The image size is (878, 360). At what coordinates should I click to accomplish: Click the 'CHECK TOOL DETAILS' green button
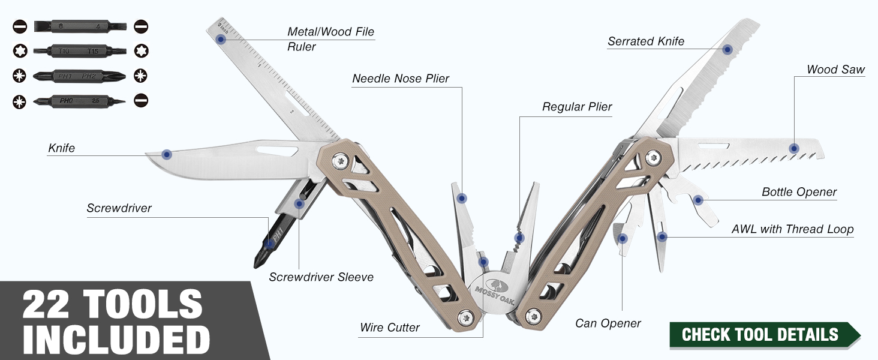click(x=764, y=335)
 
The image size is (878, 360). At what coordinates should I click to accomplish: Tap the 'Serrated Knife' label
click(x=646, y=41)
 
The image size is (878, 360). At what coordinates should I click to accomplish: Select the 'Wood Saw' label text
click(x=835, y=70)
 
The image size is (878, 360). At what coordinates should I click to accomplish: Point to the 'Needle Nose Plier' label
click(x=401, y=79)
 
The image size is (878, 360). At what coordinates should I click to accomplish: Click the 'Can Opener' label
click(x=608, y=323)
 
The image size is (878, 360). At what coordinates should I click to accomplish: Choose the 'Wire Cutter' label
click(x=390, y=327)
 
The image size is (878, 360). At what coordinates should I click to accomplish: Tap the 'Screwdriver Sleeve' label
click(x=321, y=277)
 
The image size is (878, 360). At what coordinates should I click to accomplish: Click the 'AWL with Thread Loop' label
click(x=793, y=229)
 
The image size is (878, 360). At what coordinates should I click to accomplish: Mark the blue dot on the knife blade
click(x=167, y=155)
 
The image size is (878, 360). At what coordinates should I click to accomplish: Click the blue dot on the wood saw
click(x=794, y=148)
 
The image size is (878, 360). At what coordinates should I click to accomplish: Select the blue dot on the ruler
click(x=221, y=39)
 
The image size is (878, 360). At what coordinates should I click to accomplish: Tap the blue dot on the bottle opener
click(x=697, y=200)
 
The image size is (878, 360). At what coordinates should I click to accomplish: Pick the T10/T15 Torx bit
click(x=80, y=51)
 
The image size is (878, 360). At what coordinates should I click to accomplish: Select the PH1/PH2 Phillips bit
click(x=80, y=76)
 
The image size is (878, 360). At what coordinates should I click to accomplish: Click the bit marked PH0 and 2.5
click(x=80, y=101)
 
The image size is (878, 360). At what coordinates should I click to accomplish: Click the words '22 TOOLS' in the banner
click(x=112, y=304)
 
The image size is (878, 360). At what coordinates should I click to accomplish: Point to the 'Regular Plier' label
click(x=577, y=107)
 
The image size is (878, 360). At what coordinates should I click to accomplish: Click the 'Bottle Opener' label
click(x=799, y=192)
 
